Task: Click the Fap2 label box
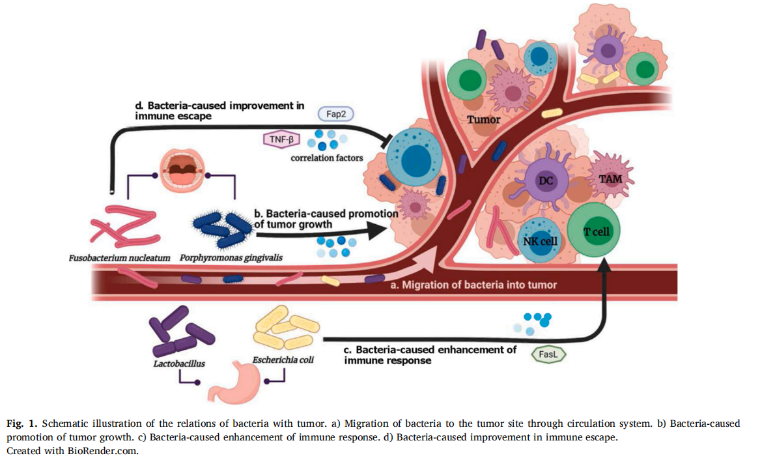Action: [x=335, y=113]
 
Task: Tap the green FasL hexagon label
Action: [x=549, y=354]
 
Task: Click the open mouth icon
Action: [x=179, y=173]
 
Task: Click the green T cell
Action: [x=593, y=233]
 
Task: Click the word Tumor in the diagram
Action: [x=484, y=119]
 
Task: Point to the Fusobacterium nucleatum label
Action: [x=119, y=258]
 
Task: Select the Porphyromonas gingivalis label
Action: [x=231, y=258]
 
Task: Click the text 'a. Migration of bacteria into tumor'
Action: [x=473, y=285]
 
